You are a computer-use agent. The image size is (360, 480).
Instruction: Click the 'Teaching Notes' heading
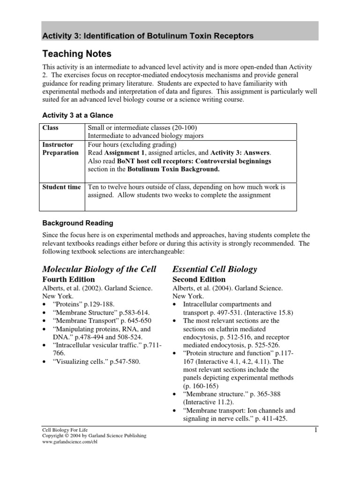coord(77,54)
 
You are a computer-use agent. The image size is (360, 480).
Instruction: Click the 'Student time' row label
coord(61,187)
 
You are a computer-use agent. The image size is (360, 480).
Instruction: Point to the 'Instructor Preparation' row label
coord(60,149)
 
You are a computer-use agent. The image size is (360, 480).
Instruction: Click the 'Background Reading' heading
coord(77,223)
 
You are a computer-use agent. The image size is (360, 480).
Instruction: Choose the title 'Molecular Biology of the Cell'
coord(99,269)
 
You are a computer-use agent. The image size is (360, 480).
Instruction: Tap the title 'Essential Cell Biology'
coord(215,269)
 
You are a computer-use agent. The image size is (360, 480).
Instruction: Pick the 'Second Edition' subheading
coord(199,279)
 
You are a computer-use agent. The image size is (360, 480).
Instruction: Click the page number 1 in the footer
coord(315,429)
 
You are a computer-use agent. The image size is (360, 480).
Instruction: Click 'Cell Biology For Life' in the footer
coord(65,429)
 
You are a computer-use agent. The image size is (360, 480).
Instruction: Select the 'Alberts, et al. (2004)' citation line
coord(227,288)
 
